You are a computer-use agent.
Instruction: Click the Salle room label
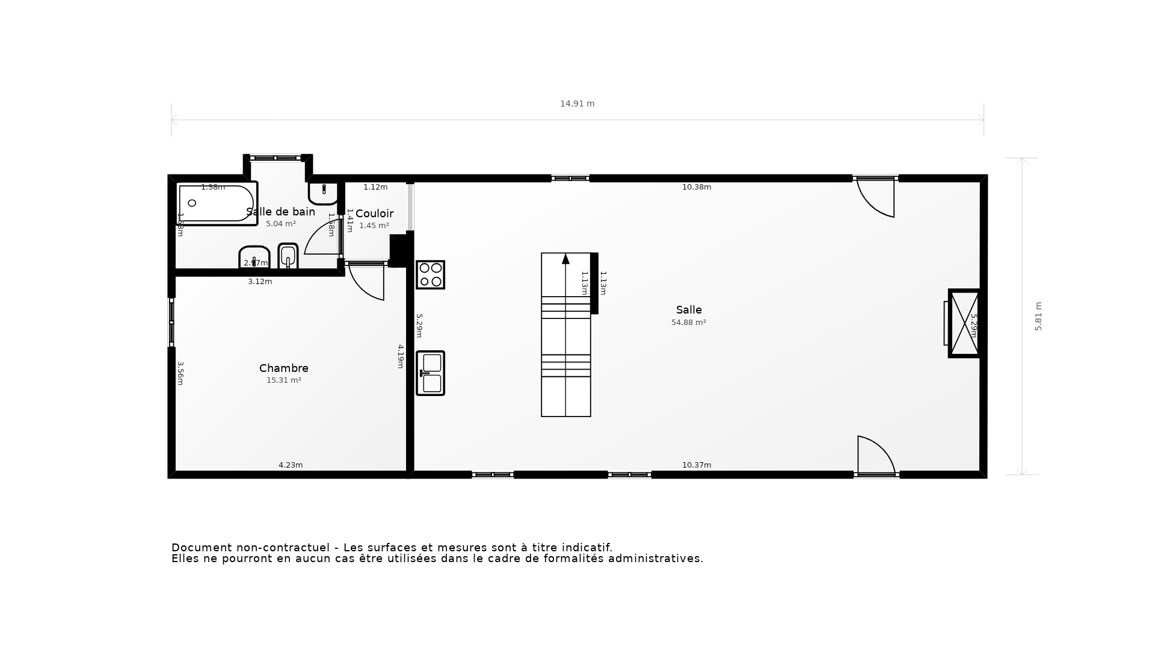click(689, 310)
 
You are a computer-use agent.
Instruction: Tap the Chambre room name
click(284, 368)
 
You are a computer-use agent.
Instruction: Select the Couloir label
click(374, 214)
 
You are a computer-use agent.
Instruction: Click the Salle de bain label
click(280, 212)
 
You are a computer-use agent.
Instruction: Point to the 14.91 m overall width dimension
click(577, 104)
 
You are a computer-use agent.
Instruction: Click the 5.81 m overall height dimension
click(1038, 317)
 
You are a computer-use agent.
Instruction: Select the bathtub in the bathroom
click(217, 203)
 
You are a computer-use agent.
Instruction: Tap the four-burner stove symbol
click(430, 275)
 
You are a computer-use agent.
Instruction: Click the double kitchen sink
click(430, 373)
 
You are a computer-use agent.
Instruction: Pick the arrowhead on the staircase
click(565, 259)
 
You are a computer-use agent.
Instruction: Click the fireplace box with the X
click(964, 324)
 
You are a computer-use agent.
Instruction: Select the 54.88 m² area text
click(689, 323)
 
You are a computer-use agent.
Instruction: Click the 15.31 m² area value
click(284, 380)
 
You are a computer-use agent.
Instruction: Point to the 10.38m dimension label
click(697, 187)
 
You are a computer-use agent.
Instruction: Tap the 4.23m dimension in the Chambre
click(291, 465)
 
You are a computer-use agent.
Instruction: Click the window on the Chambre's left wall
click(171, 322)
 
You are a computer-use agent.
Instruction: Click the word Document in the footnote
click(202, 548)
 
